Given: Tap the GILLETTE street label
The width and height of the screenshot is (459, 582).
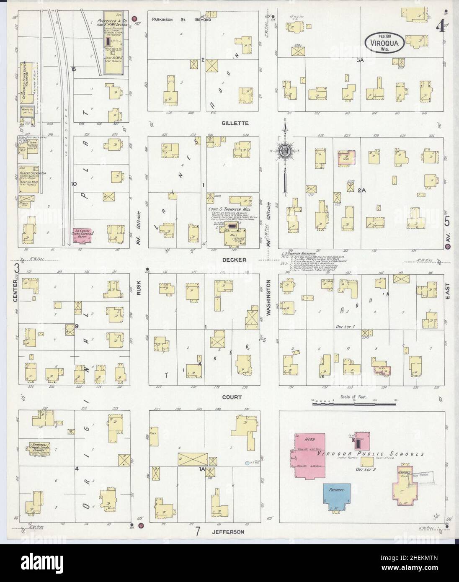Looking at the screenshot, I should tap(236, 123).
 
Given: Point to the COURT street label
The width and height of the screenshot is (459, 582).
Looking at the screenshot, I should tap(232, 397).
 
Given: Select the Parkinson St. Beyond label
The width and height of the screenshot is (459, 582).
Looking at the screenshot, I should tap(181, 20).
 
